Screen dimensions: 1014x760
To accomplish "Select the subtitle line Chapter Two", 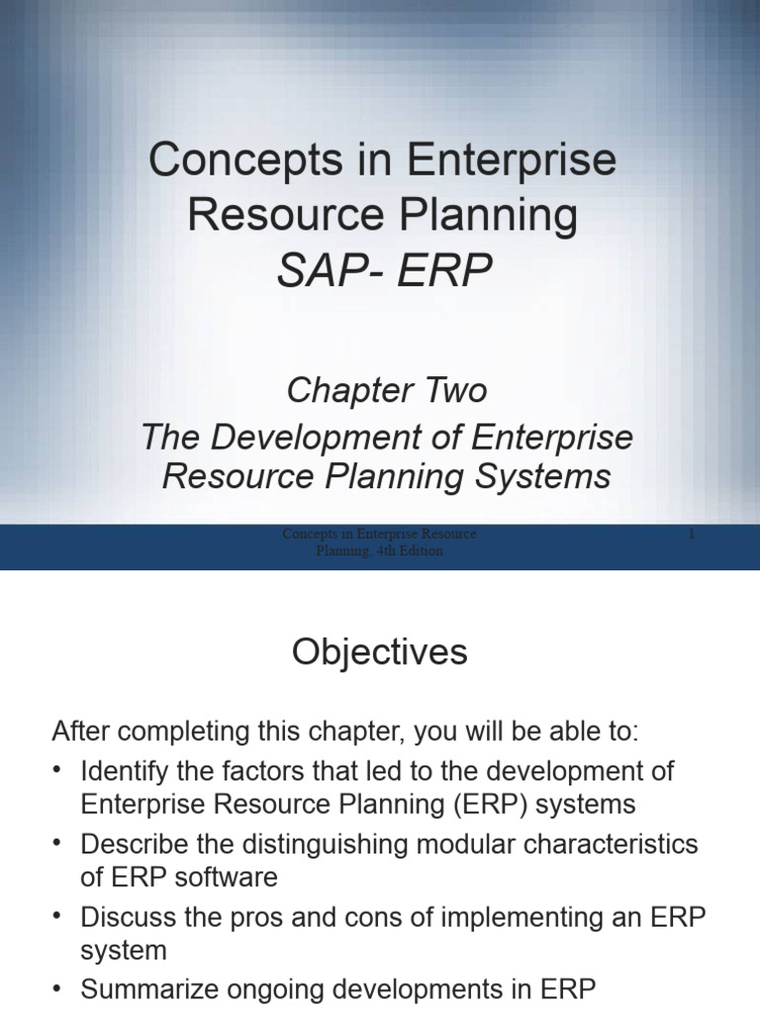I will tap(387, 390).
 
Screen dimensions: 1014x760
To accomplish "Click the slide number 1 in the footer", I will tap(692, 535).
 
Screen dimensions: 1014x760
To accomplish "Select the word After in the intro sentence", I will tap(83, 734).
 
